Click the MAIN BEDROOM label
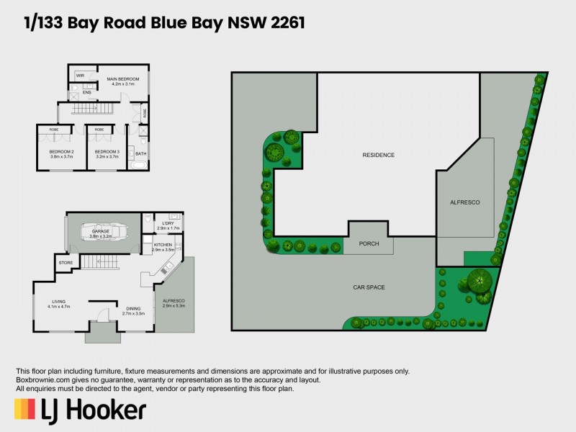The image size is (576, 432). (122, 78)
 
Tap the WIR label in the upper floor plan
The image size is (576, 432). (80, 75)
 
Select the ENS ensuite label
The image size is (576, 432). (86, 92)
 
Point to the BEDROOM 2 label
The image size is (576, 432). (62, 151)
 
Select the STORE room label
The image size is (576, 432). (66, 263)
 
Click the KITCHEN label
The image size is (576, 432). (163, 245)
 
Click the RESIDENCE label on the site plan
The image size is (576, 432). (378, 155)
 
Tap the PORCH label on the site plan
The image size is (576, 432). (369, 244)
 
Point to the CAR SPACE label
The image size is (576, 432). (369, 287)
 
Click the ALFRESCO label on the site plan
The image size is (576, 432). (464, 204)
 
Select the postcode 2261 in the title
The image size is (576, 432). (284, 24)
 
